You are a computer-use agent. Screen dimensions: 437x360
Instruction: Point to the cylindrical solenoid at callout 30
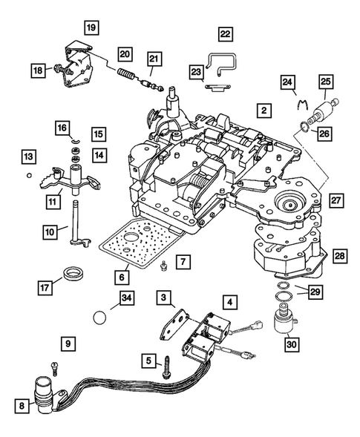point(284,325)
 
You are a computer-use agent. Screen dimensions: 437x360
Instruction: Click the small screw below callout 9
point(55,367)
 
